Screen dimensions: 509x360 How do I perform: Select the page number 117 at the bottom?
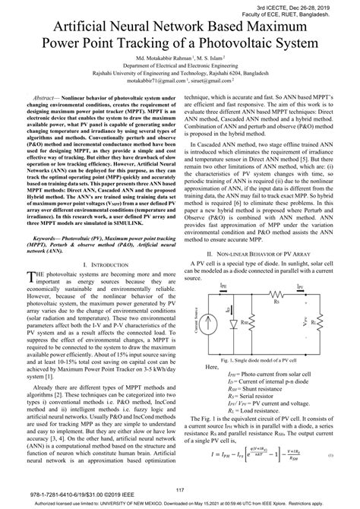[x=180, y=489]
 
